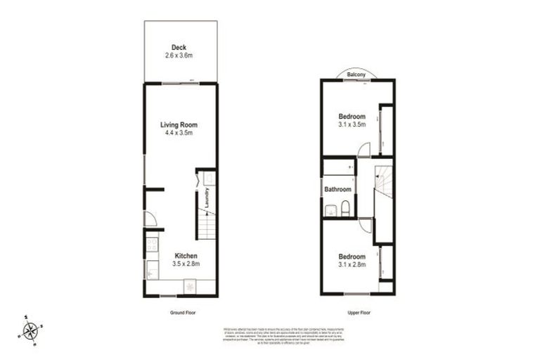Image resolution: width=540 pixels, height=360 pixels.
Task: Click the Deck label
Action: coord(178,47)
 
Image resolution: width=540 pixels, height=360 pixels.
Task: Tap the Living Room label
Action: coord(178,124)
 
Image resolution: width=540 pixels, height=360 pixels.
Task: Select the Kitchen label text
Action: coord(186,255)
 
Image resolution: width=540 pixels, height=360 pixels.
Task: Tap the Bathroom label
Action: coord(337,189)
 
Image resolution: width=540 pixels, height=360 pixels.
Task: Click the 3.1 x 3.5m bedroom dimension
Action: coord(352,124)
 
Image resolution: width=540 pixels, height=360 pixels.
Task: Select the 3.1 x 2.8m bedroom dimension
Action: coord(352,265)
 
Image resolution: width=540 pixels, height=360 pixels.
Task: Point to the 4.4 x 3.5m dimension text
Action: coord(178,132)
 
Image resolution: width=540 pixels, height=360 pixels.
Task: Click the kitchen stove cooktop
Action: coord(152,245)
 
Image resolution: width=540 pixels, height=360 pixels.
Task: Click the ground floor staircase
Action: coord(204,226)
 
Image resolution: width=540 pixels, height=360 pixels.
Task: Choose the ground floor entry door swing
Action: coord(150,218)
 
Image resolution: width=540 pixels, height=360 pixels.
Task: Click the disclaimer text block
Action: coord(269,335)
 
